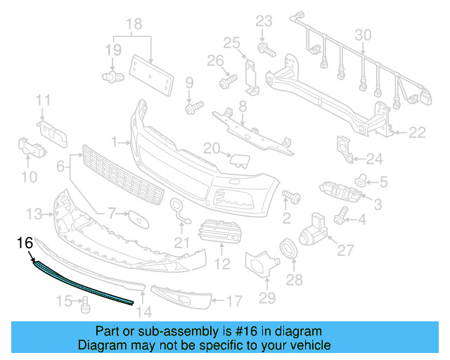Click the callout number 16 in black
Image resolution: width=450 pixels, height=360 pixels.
(25, 243)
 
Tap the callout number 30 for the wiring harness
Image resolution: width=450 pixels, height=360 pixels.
(363, 35)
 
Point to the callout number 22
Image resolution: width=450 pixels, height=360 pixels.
(418, 131)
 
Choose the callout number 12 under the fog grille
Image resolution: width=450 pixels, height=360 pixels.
(222, 264)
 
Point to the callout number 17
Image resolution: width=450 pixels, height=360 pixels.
(234, 302)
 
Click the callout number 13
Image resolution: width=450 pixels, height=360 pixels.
(34, 212)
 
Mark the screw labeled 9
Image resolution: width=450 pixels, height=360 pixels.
(193, 108)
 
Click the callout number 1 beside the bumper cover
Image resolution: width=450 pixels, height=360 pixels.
(115, 142)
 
